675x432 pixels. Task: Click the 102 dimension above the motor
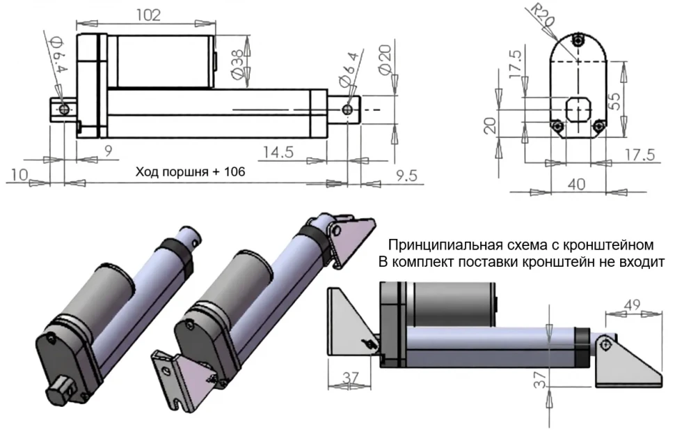pyautogui.click(x=149, y=15)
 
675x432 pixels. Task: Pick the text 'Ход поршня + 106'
pyautogui.click(x=190, y=171)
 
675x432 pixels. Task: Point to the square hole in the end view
pyautogui.click(x=578, y=109)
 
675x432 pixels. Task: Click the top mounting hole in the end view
pyautogui.click(x=579, y=41)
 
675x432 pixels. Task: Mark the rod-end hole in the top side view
pyautogui.click(x=346, y=109)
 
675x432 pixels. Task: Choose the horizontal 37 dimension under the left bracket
pyautogui.click(x=351, y=376)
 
